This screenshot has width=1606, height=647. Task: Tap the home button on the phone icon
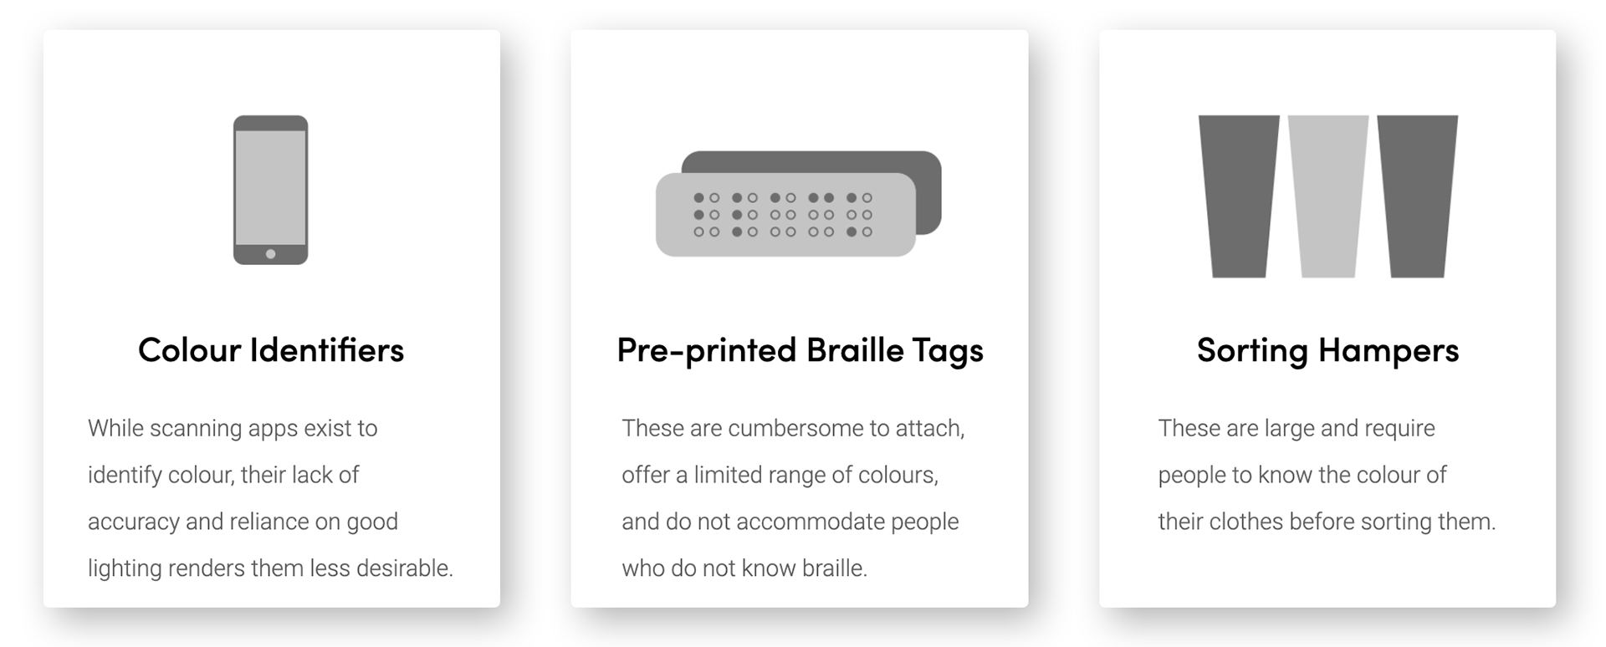(x=270, y=254)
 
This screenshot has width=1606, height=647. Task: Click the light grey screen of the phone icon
(x=270, y=187)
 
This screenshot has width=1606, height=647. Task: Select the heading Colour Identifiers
(x=271, y=350)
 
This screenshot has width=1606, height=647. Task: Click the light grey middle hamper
(x=1328, y=196)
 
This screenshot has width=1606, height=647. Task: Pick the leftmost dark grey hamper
(x=1239, y=196)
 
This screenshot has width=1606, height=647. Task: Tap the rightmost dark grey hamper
(x=1418, y=196)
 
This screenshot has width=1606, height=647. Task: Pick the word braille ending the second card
(x=834, y=568)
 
